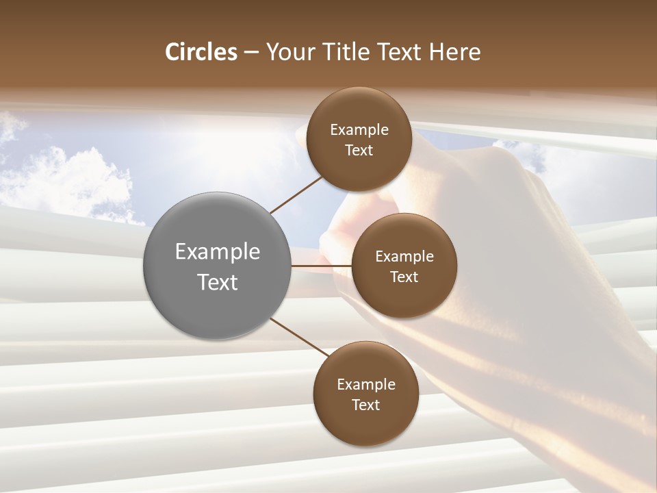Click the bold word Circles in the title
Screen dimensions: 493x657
point(201,52)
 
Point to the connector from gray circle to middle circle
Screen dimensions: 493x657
point(322,265)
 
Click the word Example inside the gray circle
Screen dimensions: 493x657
point(217,252)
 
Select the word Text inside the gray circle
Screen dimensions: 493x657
point(217,282)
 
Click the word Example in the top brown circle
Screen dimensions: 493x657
point(359,130)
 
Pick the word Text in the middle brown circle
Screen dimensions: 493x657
point(404,277)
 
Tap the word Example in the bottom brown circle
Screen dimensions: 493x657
point(365,385)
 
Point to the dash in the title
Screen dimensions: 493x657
point(251,52)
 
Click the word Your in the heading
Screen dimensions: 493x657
point(288,52)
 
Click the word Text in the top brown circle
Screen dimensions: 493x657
point(359,151)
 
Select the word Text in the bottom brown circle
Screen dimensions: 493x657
point(365,405)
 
